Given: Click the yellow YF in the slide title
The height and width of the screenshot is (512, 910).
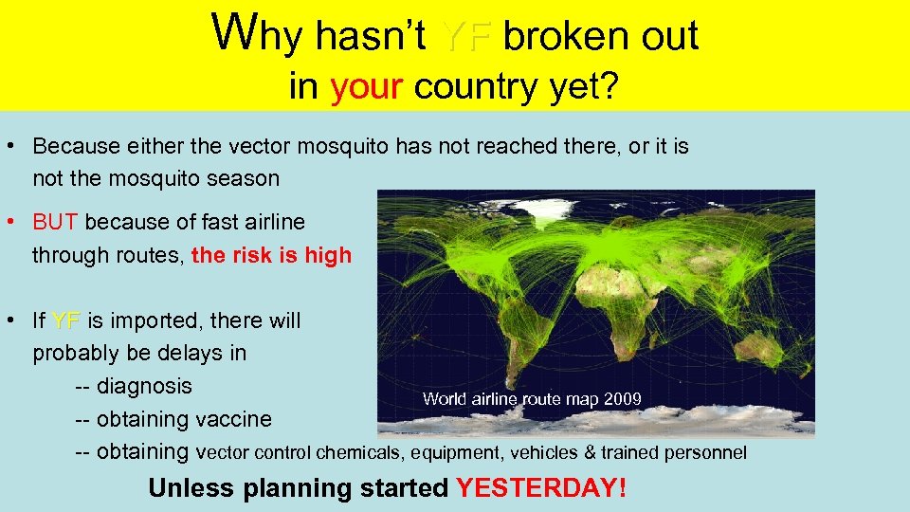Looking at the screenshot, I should click(x=465, y=37).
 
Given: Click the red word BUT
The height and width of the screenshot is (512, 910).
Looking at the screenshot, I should click(x=56, y=222).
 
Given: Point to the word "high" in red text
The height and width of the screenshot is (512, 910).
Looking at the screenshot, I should click(x=328, y=255).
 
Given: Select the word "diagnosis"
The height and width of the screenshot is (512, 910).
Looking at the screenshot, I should click(x=144, y=387).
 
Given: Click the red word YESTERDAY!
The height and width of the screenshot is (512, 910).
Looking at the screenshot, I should click(x=541, y=488).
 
